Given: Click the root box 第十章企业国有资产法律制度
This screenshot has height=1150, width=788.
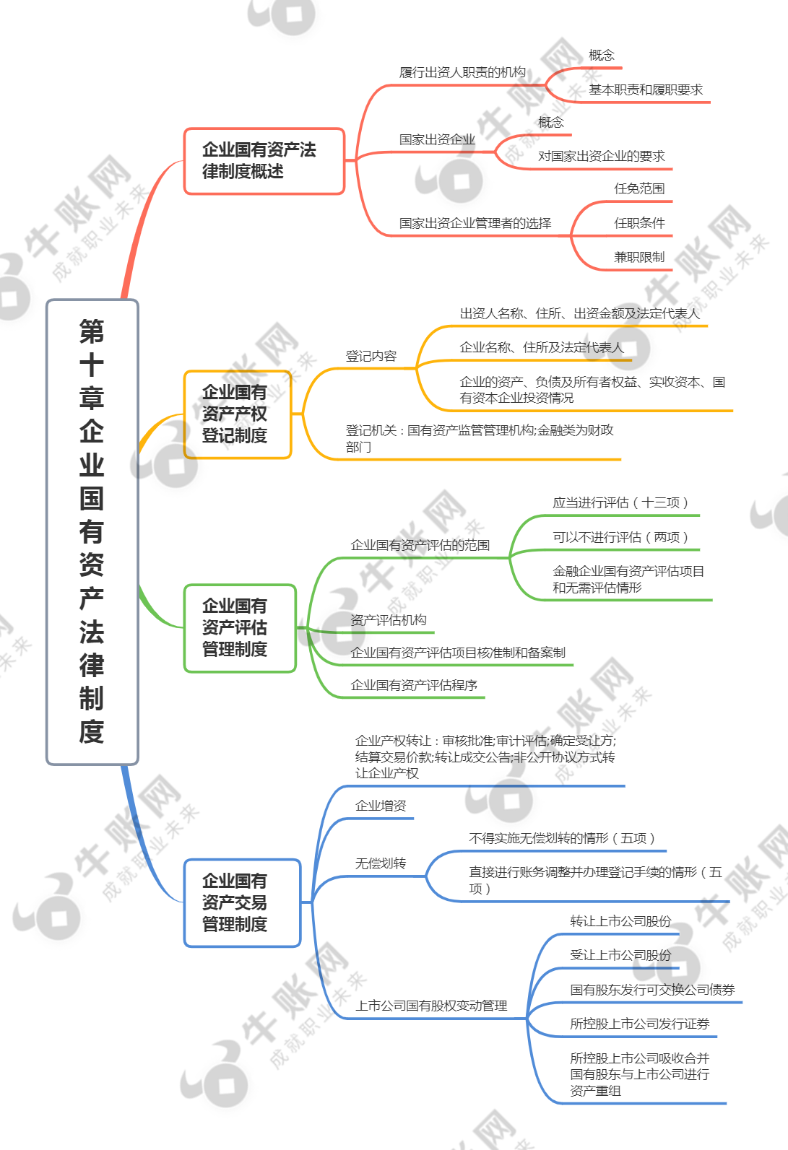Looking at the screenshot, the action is coord(92,532).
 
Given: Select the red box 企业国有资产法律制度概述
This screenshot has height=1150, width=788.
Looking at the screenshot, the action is coord(264,161).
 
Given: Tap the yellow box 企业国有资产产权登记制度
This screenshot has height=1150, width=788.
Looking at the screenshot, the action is coord(238,414).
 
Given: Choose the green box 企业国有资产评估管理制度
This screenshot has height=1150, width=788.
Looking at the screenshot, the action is coord(240,628).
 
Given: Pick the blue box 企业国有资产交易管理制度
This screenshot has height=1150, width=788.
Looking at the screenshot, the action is coord(242,902).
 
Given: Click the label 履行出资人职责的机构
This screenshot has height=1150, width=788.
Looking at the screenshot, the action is coord(462,72).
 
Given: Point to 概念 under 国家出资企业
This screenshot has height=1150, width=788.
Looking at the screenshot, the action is coord(550,122).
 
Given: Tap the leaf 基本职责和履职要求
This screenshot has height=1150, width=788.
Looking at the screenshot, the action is coord(646,90).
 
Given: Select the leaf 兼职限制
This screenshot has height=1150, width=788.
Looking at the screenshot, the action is coord(639,257).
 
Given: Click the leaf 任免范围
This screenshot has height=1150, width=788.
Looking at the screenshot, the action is coord(639,188).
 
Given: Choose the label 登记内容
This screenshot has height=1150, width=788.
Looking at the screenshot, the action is coord(371,356).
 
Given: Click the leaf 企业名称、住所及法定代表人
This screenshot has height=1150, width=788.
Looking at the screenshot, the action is coord(542,347).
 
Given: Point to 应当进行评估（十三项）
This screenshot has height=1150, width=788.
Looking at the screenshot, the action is coord(620,502).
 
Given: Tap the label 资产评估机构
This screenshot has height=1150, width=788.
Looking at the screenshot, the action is coord(389,620).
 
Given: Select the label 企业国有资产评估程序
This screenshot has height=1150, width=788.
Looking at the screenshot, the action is coord(414,685).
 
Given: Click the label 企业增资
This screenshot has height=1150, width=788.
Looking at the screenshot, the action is coord(381,806).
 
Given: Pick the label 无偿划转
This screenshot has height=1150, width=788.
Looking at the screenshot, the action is coord(381,863).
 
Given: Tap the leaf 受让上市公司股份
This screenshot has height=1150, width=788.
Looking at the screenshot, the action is coord(620,955).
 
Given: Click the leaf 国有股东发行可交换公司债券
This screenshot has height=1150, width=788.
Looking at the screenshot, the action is coord(652,989).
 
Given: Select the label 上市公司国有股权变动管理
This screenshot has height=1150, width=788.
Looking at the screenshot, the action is coord(431,1005).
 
